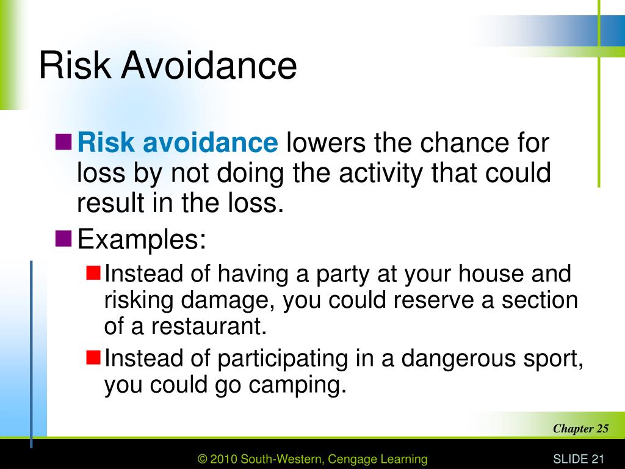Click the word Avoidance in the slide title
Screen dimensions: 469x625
tap(209, 66)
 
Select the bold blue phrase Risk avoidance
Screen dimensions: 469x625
tap(178, 144)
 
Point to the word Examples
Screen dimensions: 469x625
tap(141, 239)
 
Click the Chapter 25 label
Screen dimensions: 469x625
tap(580, 428)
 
